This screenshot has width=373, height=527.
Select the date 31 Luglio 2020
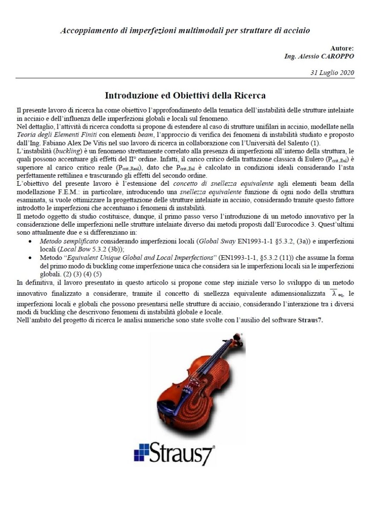coord(332,72)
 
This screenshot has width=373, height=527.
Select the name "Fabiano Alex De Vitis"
coord(76,143)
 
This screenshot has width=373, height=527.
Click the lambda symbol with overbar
coord(334,294)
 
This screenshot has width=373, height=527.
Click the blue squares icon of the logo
coord(141,452)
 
